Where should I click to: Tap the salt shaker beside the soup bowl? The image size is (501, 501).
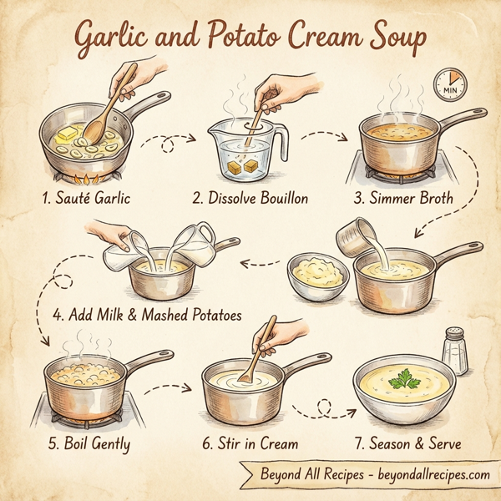coord(454,350)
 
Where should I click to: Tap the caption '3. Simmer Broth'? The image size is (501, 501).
coord(403,199)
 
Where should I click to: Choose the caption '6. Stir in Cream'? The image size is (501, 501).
coord(250,443)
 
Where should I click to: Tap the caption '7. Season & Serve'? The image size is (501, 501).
coord(404,443)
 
